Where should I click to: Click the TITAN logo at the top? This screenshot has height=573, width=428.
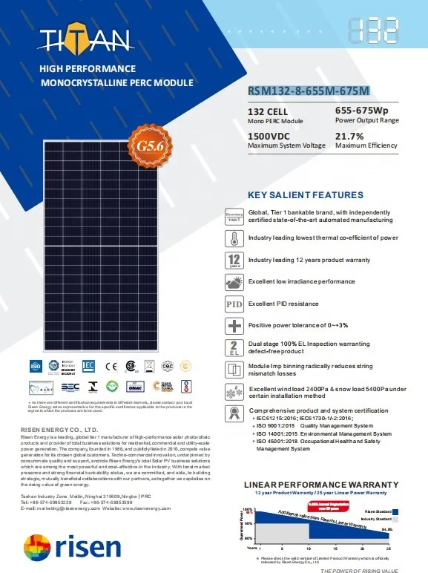[86, 39]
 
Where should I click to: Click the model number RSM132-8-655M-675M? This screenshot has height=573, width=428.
[308, 92]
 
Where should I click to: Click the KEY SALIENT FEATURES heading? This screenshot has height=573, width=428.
[306, 195]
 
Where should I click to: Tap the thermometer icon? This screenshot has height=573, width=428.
[234, 238]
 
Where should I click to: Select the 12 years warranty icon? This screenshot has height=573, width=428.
[234, 261]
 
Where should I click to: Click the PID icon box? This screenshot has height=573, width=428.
[234, 304]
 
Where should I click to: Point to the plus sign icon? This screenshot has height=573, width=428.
[234, 326]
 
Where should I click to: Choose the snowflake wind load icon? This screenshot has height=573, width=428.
[234, 393]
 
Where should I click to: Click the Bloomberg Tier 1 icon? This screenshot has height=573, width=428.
[234, 217]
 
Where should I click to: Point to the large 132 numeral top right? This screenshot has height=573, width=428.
[372, 33]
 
